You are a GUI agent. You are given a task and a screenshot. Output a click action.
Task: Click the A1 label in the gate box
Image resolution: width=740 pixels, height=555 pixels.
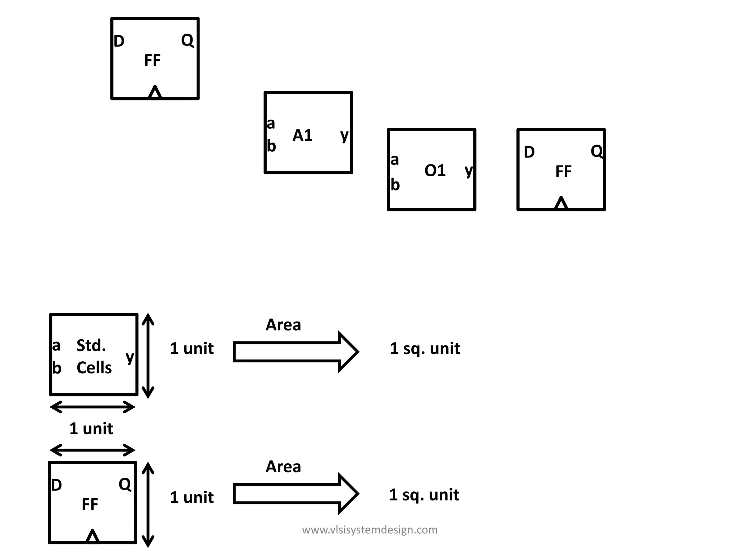(302, 136)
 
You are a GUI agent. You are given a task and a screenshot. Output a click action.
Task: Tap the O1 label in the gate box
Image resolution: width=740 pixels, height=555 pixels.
(435, 171)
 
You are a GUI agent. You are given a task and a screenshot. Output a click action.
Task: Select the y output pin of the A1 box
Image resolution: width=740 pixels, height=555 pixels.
(345, 135)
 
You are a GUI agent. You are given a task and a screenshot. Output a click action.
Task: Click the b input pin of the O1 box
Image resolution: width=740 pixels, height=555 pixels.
(395, 185)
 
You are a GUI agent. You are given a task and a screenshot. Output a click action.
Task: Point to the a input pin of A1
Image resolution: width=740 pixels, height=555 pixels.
(271, 124)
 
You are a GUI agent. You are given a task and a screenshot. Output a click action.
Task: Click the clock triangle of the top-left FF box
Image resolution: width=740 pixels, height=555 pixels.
(155, 92)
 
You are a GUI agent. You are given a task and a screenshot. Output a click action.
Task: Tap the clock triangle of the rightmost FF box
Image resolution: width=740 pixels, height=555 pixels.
(561, 203)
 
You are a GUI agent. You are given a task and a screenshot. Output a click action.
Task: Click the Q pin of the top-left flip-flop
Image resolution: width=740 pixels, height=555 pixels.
(187, 40)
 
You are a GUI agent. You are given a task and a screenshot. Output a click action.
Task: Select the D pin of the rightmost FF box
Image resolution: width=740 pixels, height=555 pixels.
(529, 152)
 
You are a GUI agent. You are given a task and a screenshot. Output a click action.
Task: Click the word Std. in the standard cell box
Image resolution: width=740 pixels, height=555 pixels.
(91, 346)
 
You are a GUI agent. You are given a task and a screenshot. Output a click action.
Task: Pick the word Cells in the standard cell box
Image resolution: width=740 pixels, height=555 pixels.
(94, 368)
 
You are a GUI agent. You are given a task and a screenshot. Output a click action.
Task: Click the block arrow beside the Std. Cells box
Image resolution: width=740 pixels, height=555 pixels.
(295, 352)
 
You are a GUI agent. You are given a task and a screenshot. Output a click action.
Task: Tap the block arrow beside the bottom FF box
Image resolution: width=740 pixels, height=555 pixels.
(295, 494)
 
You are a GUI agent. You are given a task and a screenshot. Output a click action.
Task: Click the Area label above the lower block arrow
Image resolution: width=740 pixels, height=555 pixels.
(283, 467)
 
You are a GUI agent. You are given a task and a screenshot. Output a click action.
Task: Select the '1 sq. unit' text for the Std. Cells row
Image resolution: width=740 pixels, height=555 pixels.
(425, 349)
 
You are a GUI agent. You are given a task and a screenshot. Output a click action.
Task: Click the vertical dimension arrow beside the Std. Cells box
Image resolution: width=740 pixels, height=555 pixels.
(148, 356)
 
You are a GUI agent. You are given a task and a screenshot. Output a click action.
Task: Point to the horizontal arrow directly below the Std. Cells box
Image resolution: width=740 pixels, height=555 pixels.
(92, 407)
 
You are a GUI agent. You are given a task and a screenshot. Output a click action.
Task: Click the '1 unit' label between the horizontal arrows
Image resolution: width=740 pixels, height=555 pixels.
(91, 429)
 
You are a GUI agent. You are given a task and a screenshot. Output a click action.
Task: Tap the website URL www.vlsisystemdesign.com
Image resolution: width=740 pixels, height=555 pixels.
(370, 530)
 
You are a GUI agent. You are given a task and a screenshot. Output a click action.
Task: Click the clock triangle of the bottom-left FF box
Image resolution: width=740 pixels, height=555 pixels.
(92, 537)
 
